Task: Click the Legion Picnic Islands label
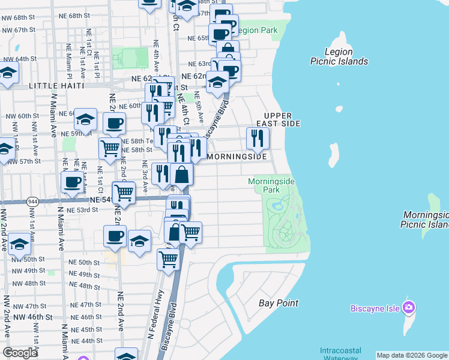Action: coord(339,56)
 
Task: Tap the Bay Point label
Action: coord(279,303)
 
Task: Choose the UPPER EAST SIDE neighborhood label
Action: coord(278,119)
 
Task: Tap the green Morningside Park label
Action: coord(264,185)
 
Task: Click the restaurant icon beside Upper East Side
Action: coord(258,138)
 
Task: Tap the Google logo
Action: coord(20,353)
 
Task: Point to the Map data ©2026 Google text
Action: coord(412,355)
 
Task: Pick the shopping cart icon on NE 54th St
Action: coord(124,193)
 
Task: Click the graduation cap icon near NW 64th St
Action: coord(8,74)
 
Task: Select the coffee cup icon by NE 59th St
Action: coord(113,124)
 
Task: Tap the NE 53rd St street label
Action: coord(83,210)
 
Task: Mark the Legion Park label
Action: coord(258,30)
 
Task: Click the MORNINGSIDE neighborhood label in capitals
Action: coord(237,157)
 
